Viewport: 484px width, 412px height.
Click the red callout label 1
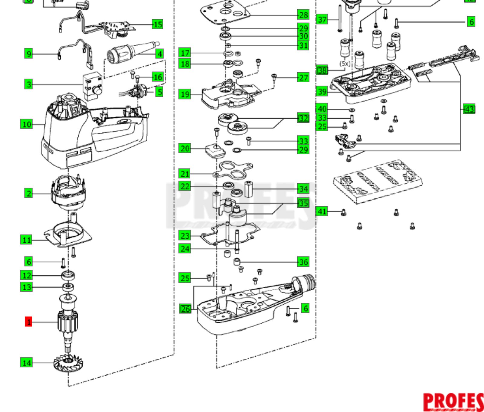click(x=28, y=322)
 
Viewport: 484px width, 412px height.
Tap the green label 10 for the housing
click(x=27, y=124)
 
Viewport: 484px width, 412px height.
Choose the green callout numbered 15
click(x=157, y=24)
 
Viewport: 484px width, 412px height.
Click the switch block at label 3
click(x=93, y=86)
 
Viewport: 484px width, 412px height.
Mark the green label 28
click(x=303, y=15)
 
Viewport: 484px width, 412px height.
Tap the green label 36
click(x=303, y=262)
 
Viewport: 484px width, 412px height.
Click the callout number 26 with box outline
click(x=185, y=309)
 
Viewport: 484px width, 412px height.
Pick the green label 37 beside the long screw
click(x=322, y=20)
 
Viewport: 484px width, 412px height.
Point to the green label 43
click(x=469, y=109)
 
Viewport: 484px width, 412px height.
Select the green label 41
click(x=322, y=211)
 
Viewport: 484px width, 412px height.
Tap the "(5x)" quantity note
click(x=345, y=64)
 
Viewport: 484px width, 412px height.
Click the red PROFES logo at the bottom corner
click(x=453, y=402)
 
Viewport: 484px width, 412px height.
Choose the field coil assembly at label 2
click(x=69, y=192)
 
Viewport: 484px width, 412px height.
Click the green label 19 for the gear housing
click(x=185, y=94)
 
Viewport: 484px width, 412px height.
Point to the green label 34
click(x=303, y=189)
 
